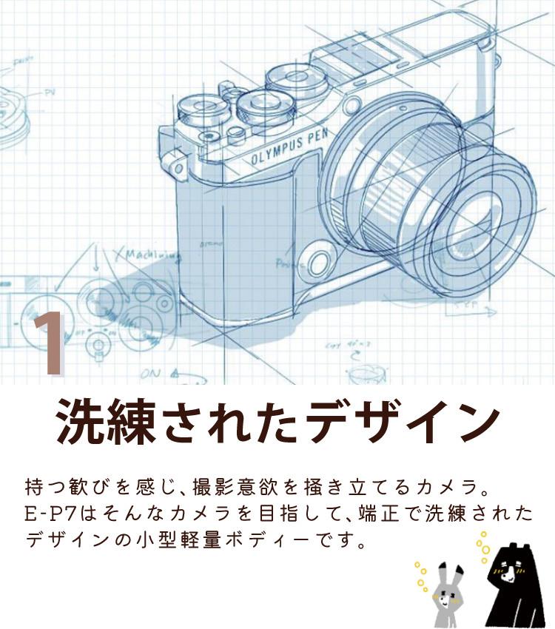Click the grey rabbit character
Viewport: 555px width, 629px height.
(x=445, y=591)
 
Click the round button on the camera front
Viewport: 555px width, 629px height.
(x=319, y=260)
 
